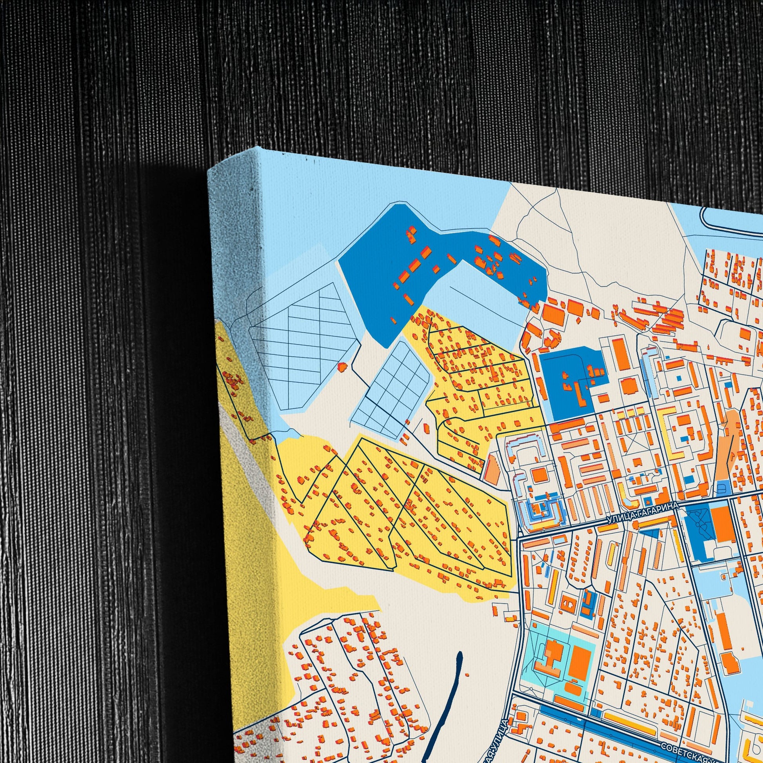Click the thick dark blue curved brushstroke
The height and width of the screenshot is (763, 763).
coord(446,695)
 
